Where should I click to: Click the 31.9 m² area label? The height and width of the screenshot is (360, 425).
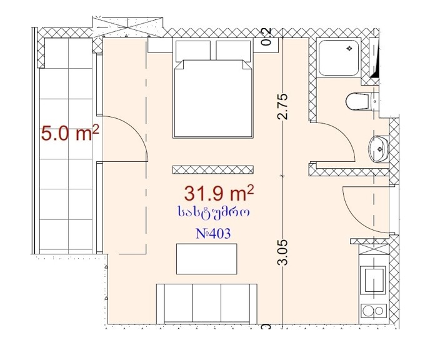pyautogui.click(x=219, y=192)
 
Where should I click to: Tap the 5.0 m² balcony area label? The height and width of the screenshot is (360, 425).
pyautogui.click(x=70, y=133)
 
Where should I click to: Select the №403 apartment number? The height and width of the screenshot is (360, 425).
pyautogui.click(x=213, y=233)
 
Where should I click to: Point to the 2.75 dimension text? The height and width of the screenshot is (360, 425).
pyautogui.click(x=282, y=106)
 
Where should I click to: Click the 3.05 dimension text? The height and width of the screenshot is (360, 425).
pyautogui.click(x=282, y=252)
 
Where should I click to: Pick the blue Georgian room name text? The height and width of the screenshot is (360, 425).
pyautogui.click(x=214, y=212)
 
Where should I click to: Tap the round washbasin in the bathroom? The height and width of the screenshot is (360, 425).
pyautogui.click(x=379, y=149)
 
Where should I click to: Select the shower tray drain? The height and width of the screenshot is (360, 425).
pyautogui.click(x=350, y=48)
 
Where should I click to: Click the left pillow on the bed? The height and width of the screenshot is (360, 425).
pyautogui.click(x=193, y=51)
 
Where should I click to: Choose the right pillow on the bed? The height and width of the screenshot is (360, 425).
pyautogui.click(x=233, y=51)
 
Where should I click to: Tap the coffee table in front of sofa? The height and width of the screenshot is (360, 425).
pyautogui.click(x=206, y=259)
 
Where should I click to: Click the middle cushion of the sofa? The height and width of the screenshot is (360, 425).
pyautogui.click(x=206, y=302)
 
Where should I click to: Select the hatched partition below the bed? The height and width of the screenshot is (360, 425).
pyautogui.click(x=213, y=170)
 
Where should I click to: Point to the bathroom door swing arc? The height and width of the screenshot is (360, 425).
pyautogui.click(x=344, y=133)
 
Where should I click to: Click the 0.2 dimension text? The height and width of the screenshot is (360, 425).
pyautogui.click(x=267, y=36)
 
